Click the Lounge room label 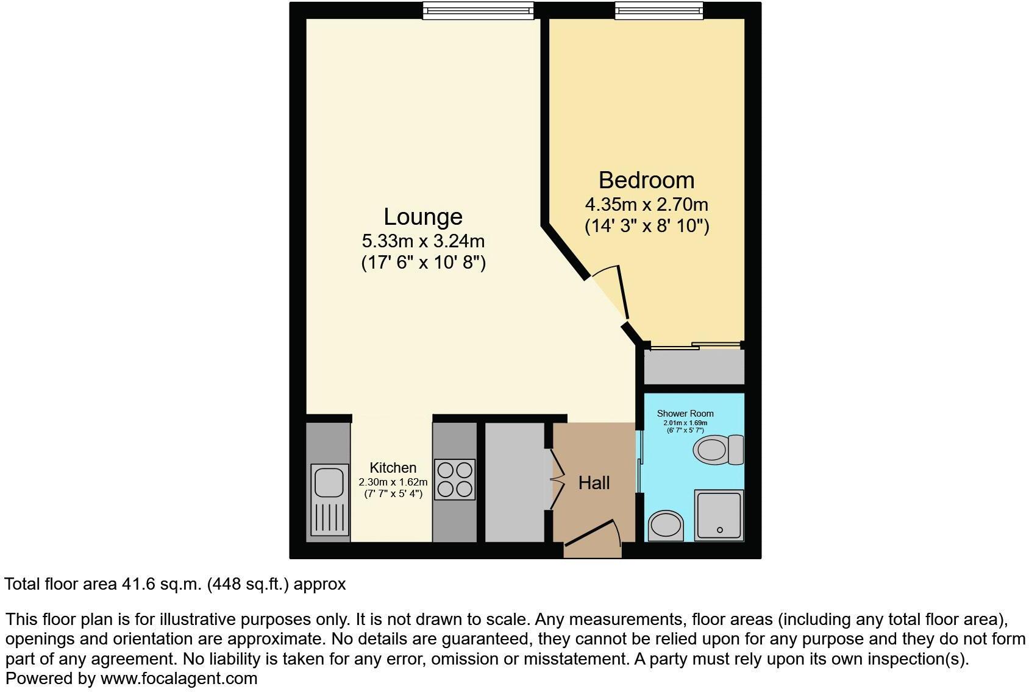click(x=422, y=217)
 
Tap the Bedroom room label click(x=646, y=180)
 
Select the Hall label click(x=594, y=483)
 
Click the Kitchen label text click(x=393, y=468)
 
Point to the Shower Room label click(x=685, y=414)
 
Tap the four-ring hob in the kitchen click(x=455, y=479)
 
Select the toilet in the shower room click(x=718, y=450)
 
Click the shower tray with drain click(x=719, y=515)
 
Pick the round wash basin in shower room click(x=666, y=525)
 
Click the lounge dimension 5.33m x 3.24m click(x=423, y=241)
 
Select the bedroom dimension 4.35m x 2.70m click(x=646, y=204)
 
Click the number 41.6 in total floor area click(x=137, y=584)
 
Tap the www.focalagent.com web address click(x=179, y=678)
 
